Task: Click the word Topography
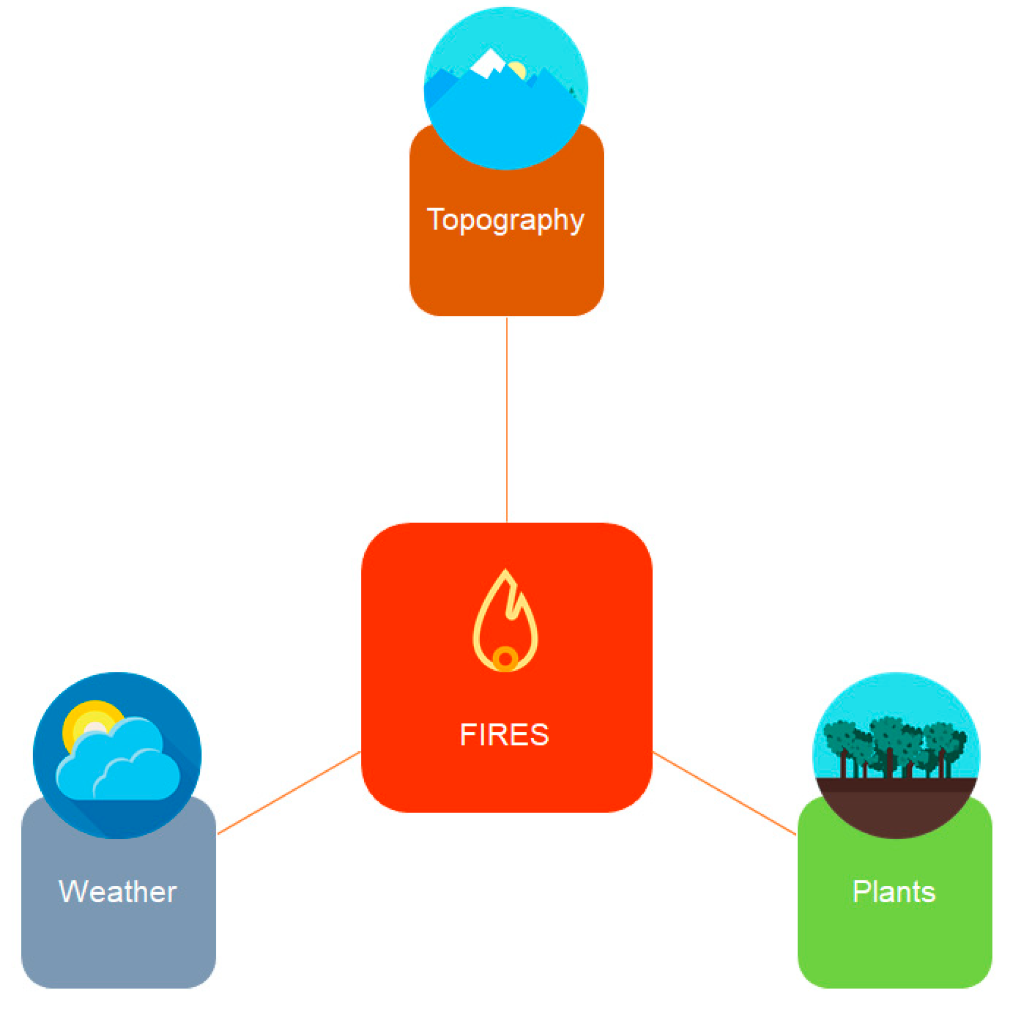[505, 220]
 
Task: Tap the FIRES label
[504, 735]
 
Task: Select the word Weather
[118, 892]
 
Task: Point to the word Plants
[894, 892]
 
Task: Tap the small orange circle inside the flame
[505, 659]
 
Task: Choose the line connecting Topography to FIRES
[507, 419]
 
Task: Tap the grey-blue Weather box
[118, 946]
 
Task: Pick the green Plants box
[894, 946]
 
